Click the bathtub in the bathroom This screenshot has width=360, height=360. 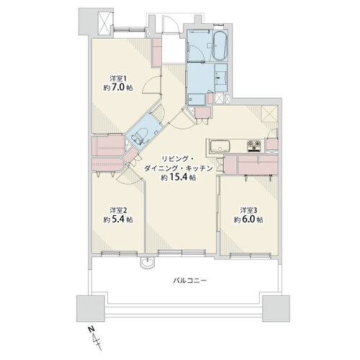tap(220, 45)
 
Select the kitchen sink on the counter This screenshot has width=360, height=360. tap(220, 146)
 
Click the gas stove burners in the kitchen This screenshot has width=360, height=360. tap(254, 146)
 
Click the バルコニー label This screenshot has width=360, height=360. tap(190, 280)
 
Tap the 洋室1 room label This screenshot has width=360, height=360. tap(118, 78)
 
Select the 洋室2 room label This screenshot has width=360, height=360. tap(118, 210)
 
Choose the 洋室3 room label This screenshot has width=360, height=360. tap(248, 210)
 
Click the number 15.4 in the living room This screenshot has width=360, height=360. tap(179, 177)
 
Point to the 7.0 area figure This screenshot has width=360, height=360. tap(118, 88)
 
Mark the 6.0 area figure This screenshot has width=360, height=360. tap(248, 220)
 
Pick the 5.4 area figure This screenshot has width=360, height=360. tap(118, 220)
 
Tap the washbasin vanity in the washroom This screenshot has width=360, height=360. tap(221, 78)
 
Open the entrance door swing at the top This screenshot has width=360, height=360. tap(171, 24)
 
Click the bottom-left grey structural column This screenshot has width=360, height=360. tap(91, 308)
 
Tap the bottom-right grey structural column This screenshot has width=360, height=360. tap(276, 308)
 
